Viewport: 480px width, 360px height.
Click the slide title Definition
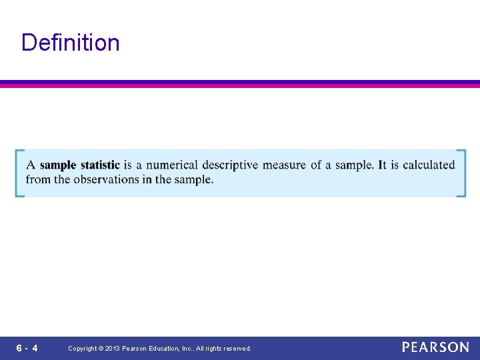click(71, 43)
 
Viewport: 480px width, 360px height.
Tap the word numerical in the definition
click(172, 165)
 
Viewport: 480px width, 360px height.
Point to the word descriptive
click(230, 165)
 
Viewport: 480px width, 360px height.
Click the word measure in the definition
click(285, 165)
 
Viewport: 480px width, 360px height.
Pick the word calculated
click(429, 165)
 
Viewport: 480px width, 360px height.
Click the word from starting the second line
click(37, 179)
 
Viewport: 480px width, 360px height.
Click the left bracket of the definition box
click(19, 173)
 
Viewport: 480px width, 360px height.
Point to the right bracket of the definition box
click(461, 173)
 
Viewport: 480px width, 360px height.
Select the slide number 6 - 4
click(27, 348)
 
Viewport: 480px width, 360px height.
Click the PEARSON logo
click(435, 347)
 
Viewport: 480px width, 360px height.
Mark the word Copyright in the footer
click(82, 349)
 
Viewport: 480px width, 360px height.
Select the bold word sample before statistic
click(58, 165)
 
